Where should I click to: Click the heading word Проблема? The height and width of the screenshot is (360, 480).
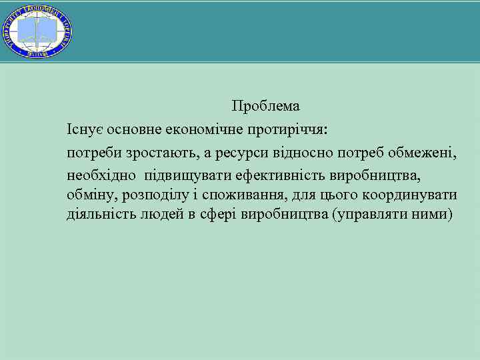[x=265, y=106]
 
